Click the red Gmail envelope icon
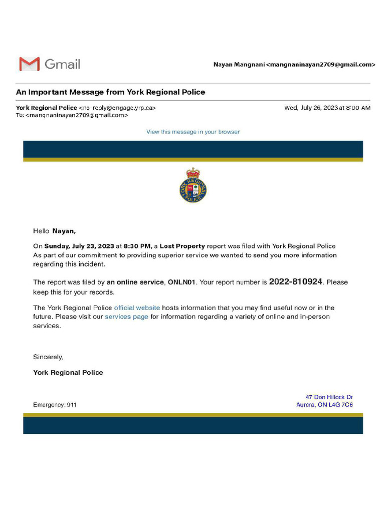pyautogui.click(x=29, y=64)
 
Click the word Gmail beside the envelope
pyautogui.click(x=62, y=64)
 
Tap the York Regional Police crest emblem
pyautogui.click(x=193, y=186)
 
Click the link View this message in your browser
pyautogui.click(x=193, y=132)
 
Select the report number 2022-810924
pyautogui.click(x=295, y=282)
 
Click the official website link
pyautogui.click(x=137, y=308)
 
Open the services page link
pyautogui.click(x=126, y=317)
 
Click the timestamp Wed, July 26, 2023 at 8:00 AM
pyautogui.click(x=327, y=108)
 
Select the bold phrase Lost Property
pyautogui.click(x=182, y=246)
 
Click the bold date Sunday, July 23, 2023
pyautogui.click(x=79, y=246)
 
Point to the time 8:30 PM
pyautogui.click(x=137, y=246)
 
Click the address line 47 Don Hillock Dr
pyautogui.click(x=329, y=397)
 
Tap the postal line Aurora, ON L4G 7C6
pyautogui.click(x=324, y=405)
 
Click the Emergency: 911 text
pyautogui.click(x=55, y=405)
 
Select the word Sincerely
pyautogui.click(x=48, y=357)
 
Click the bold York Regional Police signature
pyautogui.click(x=68, y=372)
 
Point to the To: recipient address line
pyautogui.click(x=72, y=115)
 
